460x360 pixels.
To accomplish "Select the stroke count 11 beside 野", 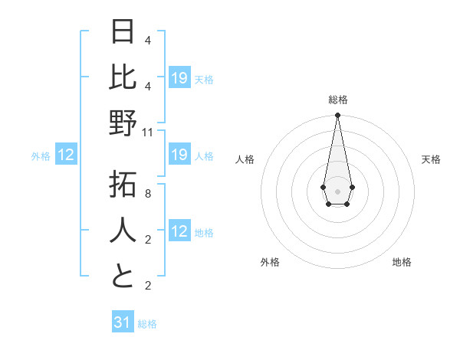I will click(x=148, y=132).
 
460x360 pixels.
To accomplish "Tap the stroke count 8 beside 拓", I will click(x=148, y=194).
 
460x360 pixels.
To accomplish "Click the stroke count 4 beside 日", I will click(x=148, y=40).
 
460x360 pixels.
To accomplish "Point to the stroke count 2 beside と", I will click(x=148, y=286).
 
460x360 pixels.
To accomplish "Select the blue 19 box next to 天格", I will click(x=179, y=78).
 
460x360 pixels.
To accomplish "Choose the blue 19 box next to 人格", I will click(x=179, y=155).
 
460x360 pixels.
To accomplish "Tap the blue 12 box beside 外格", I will click(x=66, y=155).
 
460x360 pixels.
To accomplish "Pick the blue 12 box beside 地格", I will click(x=179, y=232).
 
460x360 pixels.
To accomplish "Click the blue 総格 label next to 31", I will click(x=147, y=324).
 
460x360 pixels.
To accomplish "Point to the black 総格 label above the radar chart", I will click(x=337, y=100).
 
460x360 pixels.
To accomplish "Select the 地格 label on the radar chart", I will click(x=402, y=262).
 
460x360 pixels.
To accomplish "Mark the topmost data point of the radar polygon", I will click(x=337, y=116).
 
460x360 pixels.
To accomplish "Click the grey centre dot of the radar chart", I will click(x=337, y=191).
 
